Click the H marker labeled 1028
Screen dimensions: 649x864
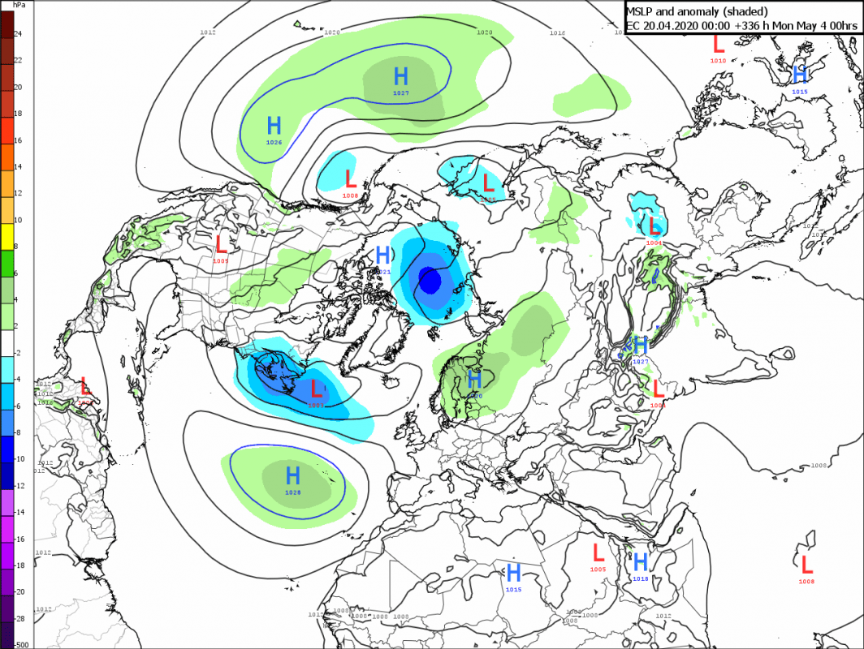click(293, 475)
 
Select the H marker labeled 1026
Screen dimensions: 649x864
click(274, 126)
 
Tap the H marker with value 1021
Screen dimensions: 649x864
click(383, 256)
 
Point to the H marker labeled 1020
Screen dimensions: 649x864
click(474, 378)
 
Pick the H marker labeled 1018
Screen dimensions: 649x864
click(640, 561)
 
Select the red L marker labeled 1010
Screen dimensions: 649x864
click(719, 44)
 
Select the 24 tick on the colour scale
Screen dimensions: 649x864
click(17, 34)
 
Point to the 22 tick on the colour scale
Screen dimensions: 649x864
click(17, 61)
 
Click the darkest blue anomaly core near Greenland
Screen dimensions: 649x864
click(430, 281)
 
